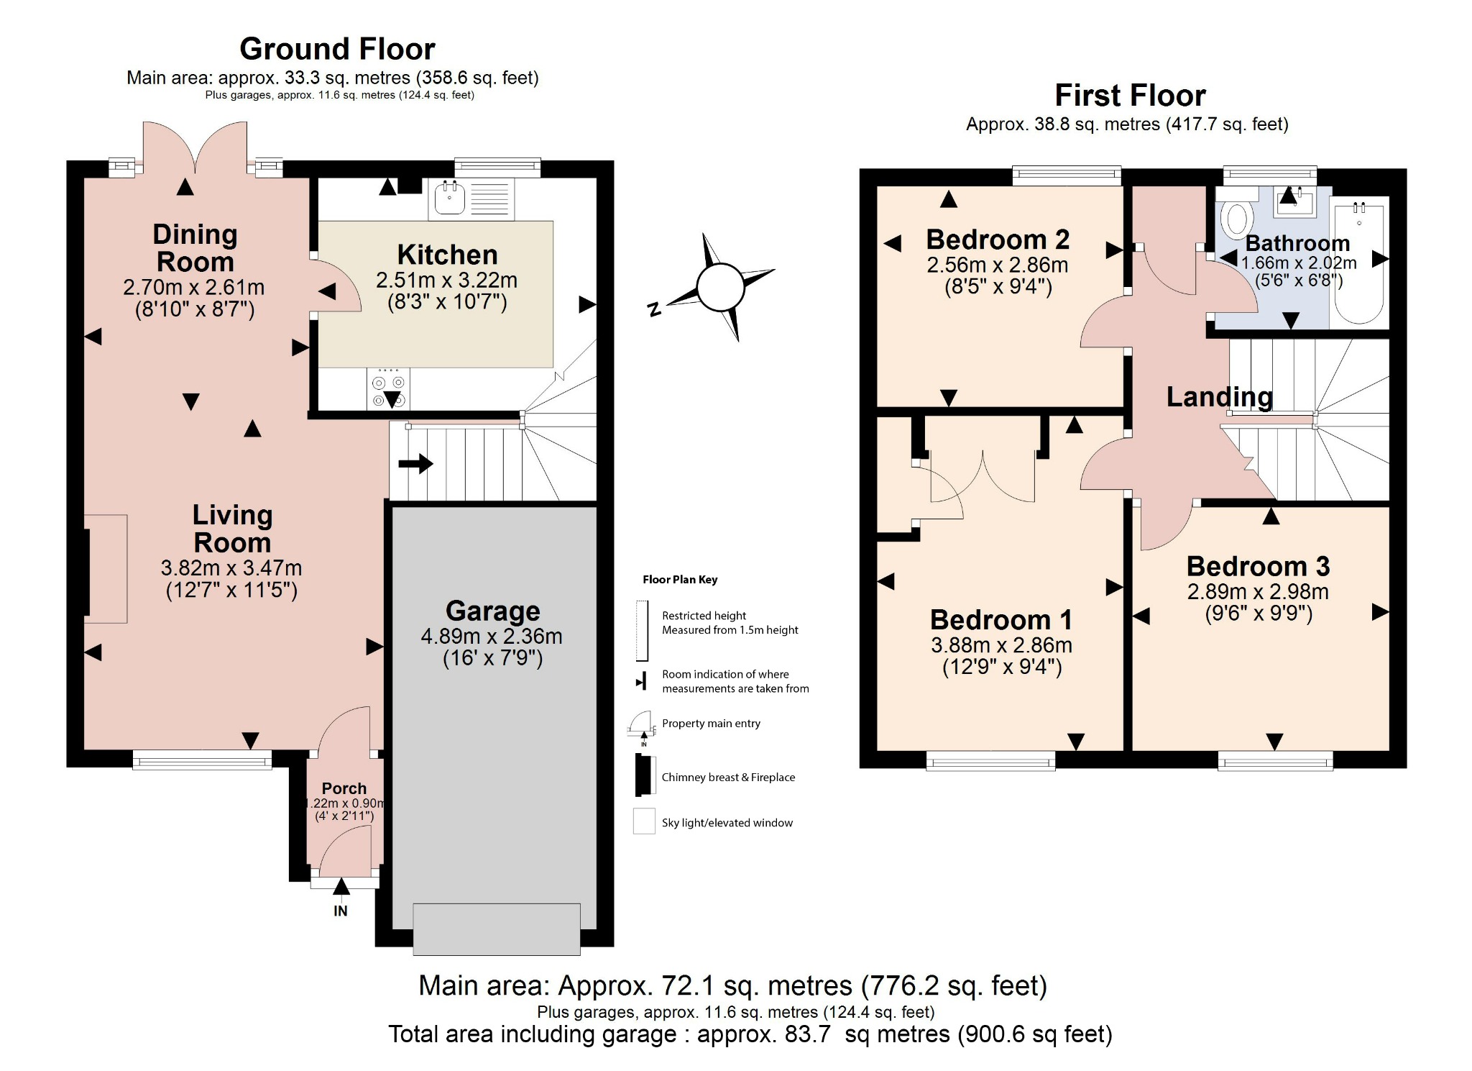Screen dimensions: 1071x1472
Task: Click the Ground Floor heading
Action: coord(337,49)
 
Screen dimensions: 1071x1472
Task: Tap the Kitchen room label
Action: coord(447,255)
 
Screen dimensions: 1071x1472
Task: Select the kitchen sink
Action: coord(450,198)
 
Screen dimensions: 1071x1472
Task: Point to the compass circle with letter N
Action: coord(719,287)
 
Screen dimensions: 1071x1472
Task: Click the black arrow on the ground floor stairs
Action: coord(415,463)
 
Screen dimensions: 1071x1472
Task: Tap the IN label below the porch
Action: coord(341,911)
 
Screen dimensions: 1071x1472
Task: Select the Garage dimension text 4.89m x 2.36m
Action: coord(492,636)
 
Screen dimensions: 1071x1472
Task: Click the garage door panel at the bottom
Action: coord(497,929)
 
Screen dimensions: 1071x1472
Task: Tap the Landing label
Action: coord(1219,396)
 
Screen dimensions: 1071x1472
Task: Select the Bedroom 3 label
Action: coord(1258,566)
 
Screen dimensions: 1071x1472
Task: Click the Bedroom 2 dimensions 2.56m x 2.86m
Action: coord(998,265)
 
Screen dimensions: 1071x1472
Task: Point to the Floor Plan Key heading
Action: coord(680,580)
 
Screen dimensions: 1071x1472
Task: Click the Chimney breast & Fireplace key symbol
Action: coord(642,775)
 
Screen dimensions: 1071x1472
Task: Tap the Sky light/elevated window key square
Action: coord(644,821)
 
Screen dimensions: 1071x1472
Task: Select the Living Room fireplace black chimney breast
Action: coord(86,572)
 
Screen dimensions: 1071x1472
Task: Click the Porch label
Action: coord(344,788)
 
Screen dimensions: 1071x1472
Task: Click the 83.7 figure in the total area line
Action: coord(807,1034)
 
